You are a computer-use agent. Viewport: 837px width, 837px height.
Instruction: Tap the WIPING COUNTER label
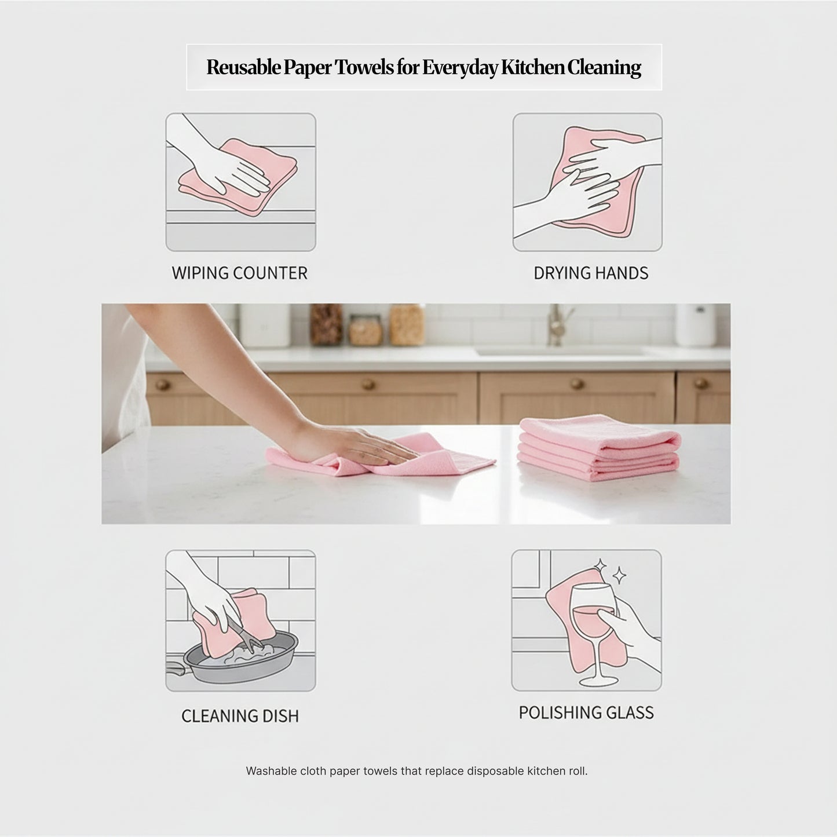click(x=240, y=273)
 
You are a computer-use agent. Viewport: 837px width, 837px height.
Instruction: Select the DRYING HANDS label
click(x=591, y=273)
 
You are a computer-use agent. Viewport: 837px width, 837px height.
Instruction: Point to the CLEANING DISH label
click(x=240, y=716)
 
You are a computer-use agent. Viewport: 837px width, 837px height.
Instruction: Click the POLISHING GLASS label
click(x=586, y=712)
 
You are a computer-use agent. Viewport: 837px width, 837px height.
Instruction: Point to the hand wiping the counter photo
click(x=371, y=445)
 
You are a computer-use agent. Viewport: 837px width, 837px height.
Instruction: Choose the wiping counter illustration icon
click(x=240, y=182)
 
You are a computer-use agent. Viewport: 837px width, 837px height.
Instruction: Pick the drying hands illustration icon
click(x=587, y=182)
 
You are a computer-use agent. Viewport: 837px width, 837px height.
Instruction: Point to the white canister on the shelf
click(x=256, y=326)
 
